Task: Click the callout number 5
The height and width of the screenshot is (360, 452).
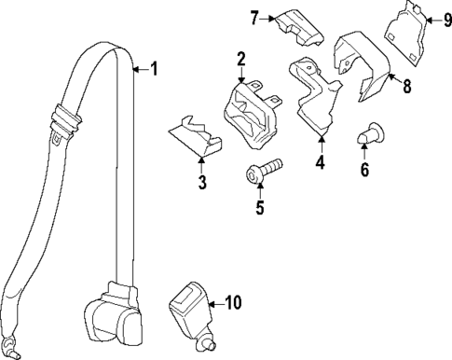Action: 260,207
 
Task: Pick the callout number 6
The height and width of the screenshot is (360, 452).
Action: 364,170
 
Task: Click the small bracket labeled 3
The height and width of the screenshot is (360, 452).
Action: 195,138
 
